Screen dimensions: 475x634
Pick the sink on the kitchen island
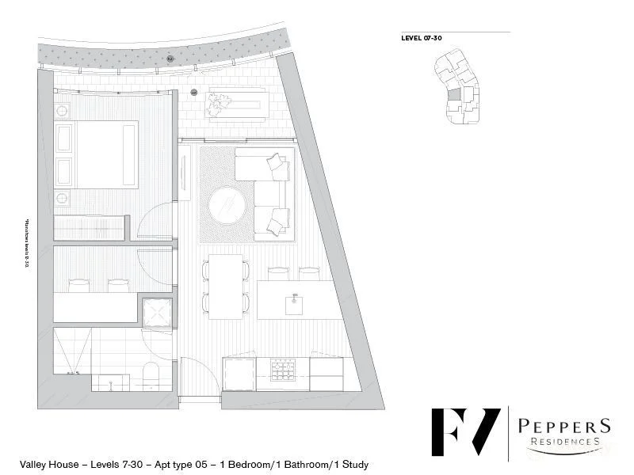click(295, 300)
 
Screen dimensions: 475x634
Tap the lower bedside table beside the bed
click(63, 197)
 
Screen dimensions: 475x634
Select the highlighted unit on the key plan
click(454, 95)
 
